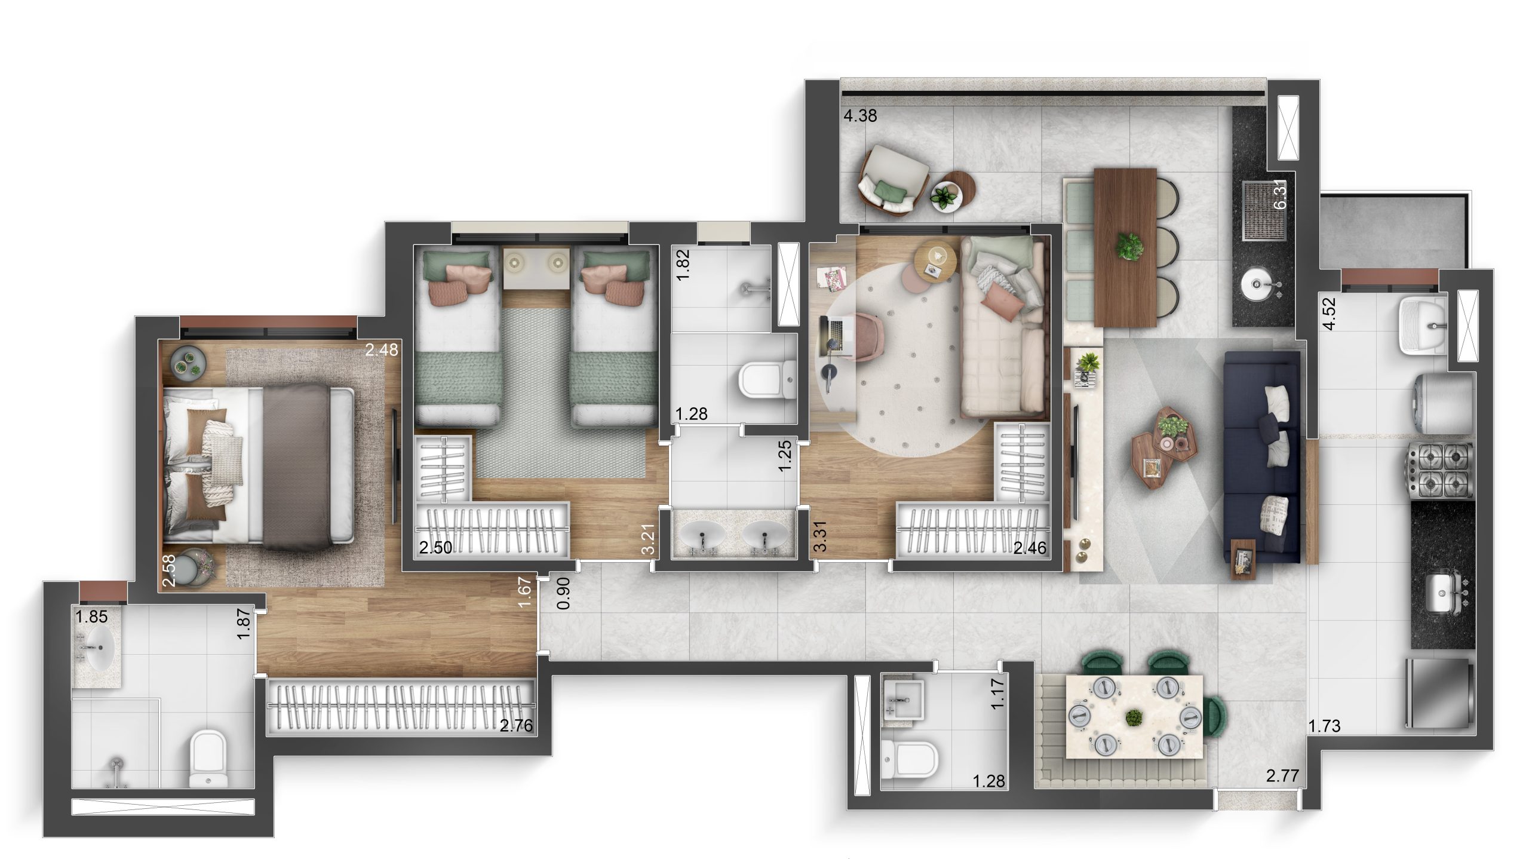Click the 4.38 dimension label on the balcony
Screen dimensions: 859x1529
tap(860, 116)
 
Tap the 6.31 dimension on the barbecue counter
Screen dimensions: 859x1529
tap(1280, 194)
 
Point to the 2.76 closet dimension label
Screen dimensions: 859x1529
tap(516, 726)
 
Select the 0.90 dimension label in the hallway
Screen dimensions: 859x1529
tap(563, 593)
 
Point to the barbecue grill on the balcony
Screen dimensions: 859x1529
tap(1263, 211)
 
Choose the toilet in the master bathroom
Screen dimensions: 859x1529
tap(208, 759)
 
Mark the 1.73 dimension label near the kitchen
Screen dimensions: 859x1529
tap(1324, 726)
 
